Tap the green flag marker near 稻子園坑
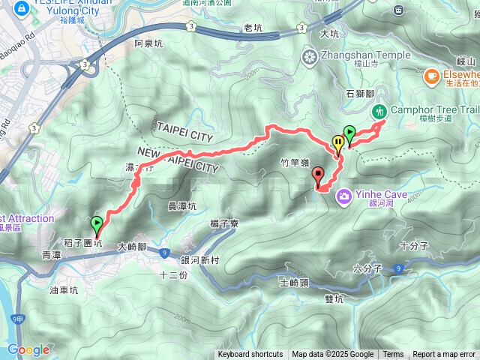[x=97, y=223]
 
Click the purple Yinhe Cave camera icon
[x=344, y=196]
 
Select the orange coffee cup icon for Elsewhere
[x=431, y=76]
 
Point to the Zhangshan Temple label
[x=365, y=55]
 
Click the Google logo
[x=28, y=349]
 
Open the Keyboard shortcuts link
[x=250, y=355]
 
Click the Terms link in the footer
[x=393, y=355]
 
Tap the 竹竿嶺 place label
[x=295, y=161]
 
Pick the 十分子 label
[x=413, y=245]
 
